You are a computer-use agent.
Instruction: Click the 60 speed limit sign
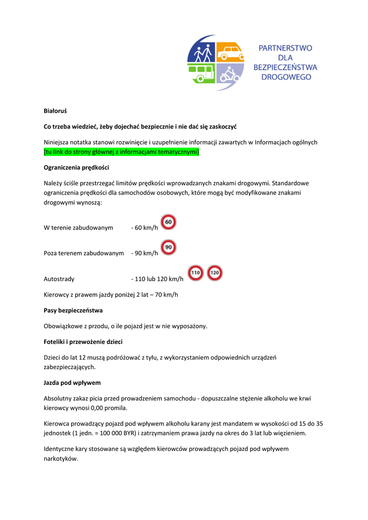[169, 222]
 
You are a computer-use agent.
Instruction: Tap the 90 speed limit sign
[169, 247]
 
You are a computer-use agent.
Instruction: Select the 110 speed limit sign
[196, 273]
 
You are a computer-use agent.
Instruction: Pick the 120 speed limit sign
[215, 273]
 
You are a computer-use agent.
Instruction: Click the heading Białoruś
[55, 110]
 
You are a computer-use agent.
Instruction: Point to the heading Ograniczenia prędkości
[76, 167]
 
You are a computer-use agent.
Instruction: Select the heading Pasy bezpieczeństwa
[73, 310]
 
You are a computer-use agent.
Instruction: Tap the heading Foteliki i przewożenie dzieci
[83, 342]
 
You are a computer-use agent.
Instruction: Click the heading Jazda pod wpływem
[72, 382]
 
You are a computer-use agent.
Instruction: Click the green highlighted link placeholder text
[121, 152]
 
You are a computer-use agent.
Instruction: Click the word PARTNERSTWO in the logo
[286, 48]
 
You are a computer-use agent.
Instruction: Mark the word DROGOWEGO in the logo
[286, 77]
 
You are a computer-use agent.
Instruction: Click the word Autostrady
[59, 279]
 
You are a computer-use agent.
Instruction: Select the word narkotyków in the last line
[60, 458]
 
